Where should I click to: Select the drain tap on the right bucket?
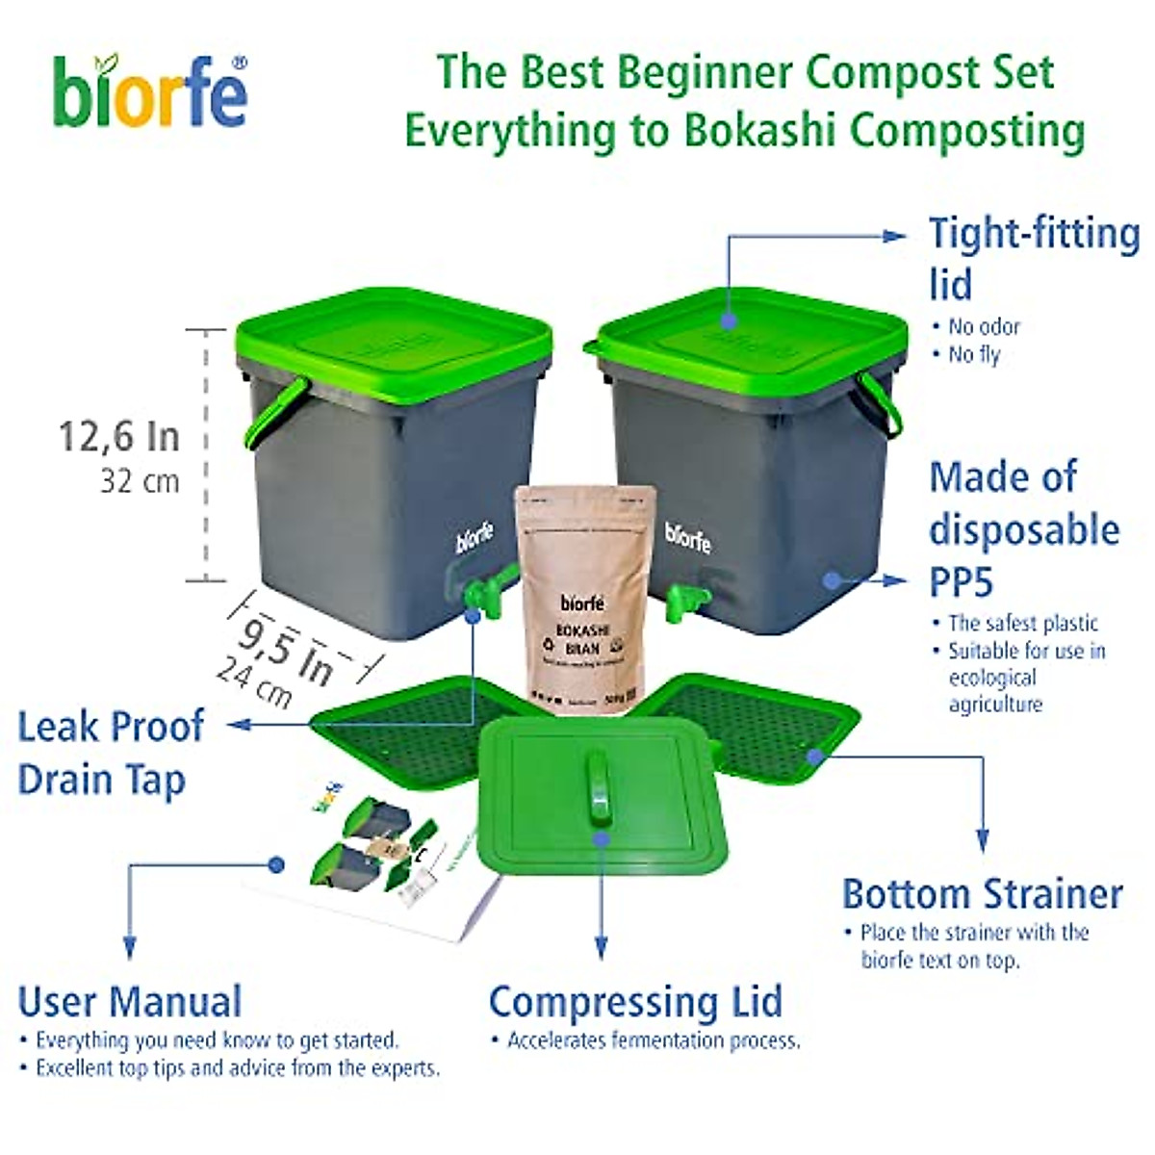point(687,602)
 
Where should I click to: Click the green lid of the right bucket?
point(751,332)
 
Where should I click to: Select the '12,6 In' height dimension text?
point(119,437)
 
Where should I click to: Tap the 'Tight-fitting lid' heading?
point(1034,258)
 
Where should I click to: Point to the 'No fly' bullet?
point(973,354)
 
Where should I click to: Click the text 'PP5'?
point(962,581)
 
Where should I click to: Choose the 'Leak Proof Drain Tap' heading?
point(111,753)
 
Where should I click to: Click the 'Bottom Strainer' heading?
point(982,894)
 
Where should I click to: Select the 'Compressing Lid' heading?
point(635,1002)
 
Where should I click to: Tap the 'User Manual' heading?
point(130,1002)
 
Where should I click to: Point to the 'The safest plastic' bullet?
point(1022,623)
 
